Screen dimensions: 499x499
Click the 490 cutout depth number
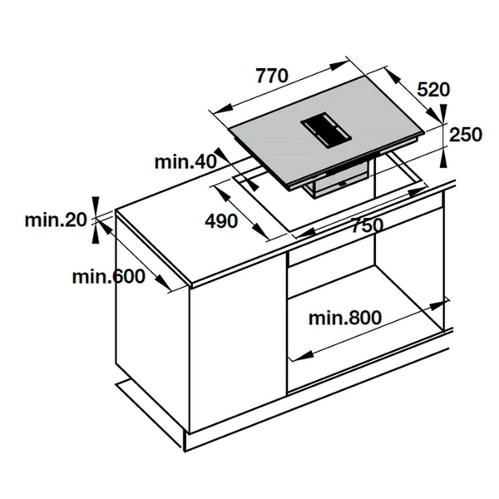[x=221, y=221]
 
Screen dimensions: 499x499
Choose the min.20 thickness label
[x=55, y=220]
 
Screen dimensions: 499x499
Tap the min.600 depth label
[x=108, y=277]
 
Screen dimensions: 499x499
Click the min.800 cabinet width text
[x=344, y=317]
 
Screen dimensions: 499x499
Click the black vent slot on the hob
[x=326, y=128]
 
